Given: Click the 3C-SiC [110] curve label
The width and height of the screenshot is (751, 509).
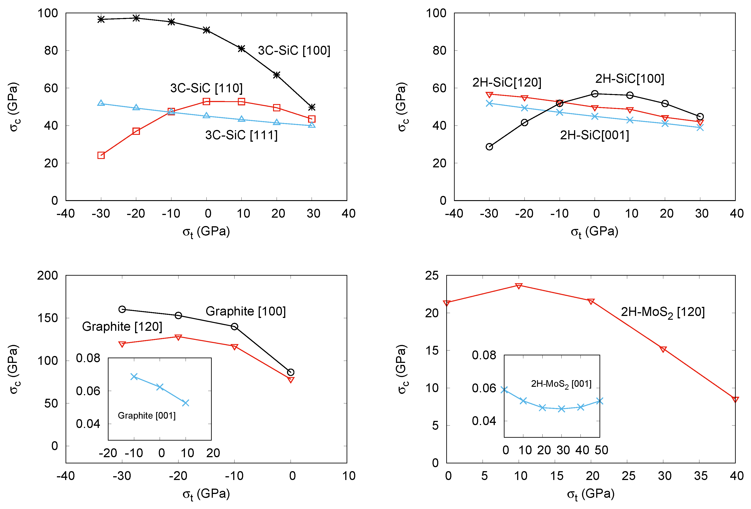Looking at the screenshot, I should point(206,88).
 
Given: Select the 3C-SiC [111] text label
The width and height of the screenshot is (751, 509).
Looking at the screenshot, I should point(241,135).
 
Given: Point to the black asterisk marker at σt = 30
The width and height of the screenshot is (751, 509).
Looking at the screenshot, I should point(312,107).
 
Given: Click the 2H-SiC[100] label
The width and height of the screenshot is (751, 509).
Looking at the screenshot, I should point(629,78).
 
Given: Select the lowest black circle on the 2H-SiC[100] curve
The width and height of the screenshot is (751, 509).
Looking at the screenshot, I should point(489,147).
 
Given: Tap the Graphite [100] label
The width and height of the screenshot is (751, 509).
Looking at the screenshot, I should point(246,311).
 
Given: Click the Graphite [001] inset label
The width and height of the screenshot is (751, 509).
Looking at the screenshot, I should point(146,415).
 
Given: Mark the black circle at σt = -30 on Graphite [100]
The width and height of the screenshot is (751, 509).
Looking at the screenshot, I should point(122,309).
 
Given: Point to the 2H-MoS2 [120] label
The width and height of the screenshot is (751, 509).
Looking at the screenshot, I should point(662,312).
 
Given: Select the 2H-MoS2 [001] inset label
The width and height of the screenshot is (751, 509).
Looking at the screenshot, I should point(561,384).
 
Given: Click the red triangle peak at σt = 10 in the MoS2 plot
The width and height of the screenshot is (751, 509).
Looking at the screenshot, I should point(519,286).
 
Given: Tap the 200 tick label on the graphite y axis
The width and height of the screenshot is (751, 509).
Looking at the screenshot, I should point(47,275).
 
